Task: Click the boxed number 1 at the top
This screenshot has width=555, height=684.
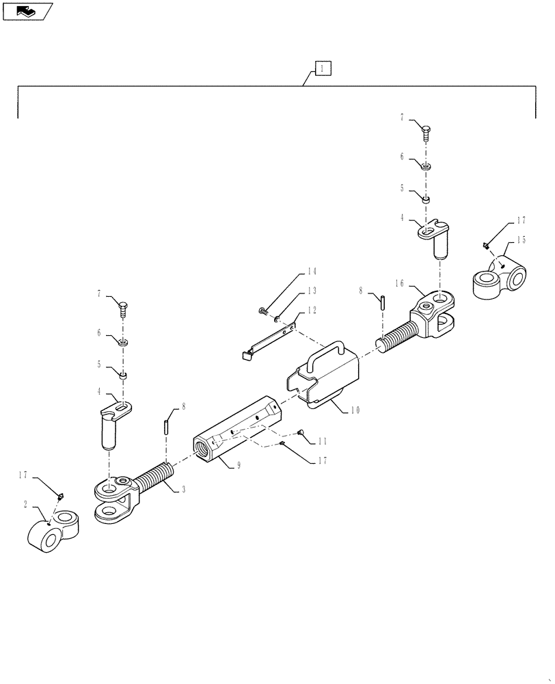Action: point(323,68)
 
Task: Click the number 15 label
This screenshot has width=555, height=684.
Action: point(521,239)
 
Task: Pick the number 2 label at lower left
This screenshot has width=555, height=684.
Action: point(25,504)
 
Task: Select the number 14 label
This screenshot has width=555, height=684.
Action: point(312,272)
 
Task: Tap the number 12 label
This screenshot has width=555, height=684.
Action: point(312,310)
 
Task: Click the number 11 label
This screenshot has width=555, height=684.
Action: point(321,443)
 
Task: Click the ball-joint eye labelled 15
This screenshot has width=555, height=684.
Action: point(499,278)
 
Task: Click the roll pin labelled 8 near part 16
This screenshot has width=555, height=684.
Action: point(384,301)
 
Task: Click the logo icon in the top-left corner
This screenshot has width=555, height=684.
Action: point(27,10)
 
